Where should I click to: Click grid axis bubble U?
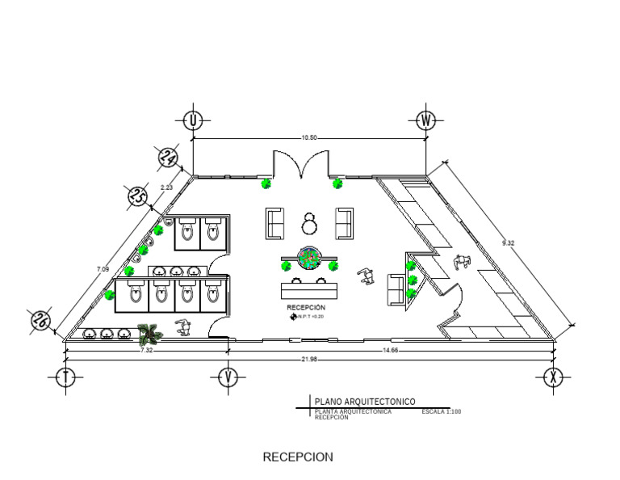pos(193,121)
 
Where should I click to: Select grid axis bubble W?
pos(427,121)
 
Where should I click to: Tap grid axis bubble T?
pos(65,377)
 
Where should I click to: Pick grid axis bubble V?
pos(228,377)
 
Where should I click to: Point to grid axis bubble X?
pos(553,377)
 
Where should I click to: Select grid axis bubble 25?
pos(136,196)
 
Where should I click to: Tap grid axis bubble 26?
pos(39,320)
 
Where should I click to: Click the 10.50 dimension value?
pos(309,138)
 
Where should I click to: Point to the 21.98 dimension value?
pos(309,359)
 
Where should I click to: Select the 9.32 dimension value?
pos(508,242)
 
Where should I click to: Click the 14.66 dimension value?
pos(391,351)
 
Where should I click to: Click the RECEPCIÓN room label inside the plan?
pos(306,308)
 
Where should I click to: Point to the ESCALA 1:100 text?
pos(441,412)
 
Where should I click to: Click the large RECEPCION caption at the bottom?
pos(298,457)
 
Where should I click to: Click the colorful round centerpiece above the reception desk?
pos(308,258)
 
